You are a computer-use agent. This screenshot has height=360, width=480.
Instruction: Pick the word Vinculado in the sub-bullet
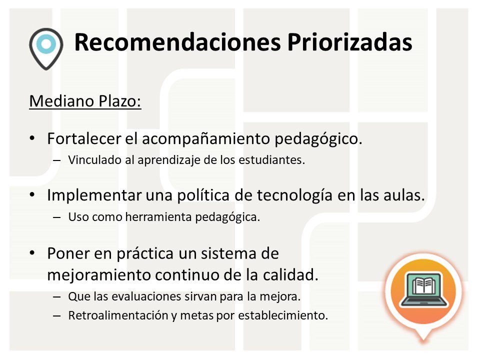[x=90, y=161]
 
